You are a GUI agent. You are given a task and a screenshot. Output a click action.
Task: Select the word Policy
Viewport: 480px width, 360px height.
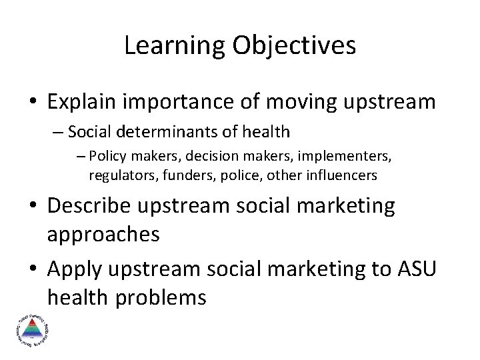109,158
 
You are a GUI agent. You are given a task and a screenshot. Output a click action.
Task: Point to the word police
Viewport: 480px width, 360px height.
231,175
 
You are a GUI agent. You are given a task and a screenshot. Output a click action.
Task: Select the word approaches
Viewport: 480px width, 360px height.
103,234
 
